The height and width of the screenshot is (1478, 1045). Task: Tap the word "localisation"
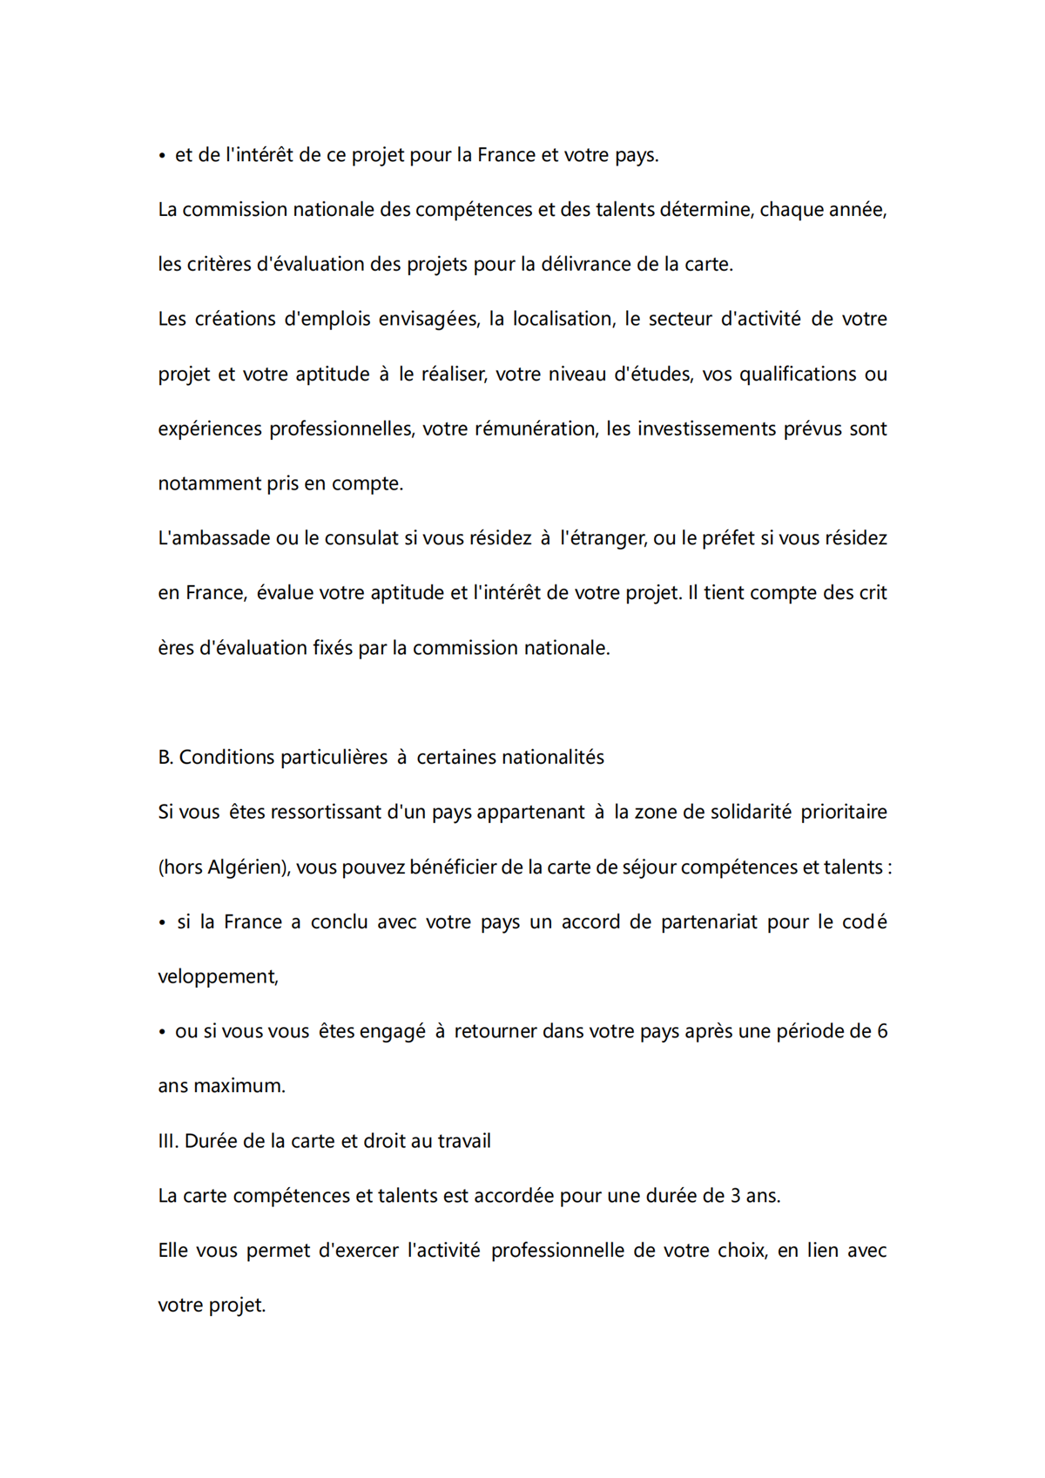pyautogui.click(x=563, y=319)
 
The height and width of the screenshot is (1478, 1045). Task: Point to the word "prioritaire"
pyautogui.click(x=844, y=813)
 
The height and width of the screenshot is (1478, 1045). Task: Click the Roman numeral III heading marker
pyautogui.click(x=168, y=1142)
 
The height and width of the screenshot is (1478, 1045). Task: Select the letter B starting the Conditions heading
pyautogui.click(x=165, y=758)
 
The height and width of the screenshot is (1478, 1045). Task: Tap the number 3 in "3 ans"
pyautogui.click(x=736, y=1197)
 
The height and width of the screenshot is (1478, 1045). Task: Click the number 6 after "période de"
pyautogui.click(x=882, y=1032)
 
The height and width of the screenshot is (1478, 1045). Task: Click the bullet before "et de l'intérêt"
pyautogui.click(x=163, y=157)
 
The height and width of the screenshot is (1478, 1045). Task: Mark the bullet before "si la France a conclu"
pyautogui.click(x=163, y=923)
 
